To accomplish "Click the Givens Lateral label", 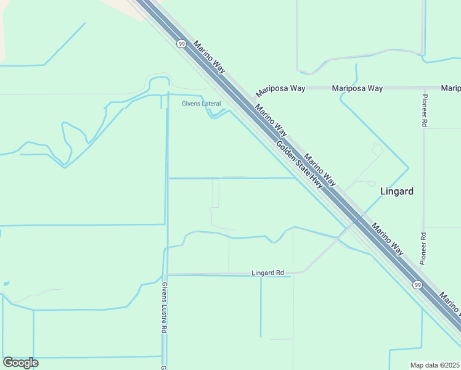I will [201, 104].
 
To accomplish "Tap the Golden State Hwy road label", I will [300, 165].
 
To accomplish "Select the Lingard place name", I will [396, 191].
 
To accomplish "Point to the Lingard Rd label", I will [267, 273].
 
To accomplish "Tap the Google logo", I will [20, 363].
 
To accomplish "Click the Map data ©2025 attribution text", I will [435, 364].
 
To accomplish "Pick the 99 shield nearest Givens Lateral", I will [181, 44].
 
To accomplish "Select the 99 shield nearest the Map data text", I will [417, 284].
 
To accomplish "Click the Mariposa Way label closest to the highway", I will [282, 88].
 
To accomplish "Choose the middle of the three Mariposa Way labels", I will [357, 88].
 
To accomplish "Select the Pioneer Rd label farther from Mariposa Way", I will [423, 249].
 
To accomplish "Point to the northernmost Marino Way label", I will [210, 55].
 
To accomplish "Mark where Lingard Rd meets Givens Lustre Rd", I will [166, 274].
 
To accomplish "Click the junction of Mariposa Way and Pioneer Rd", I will [424, 88].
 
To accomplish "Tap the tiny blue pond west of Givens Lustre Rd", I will [6, 284].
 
